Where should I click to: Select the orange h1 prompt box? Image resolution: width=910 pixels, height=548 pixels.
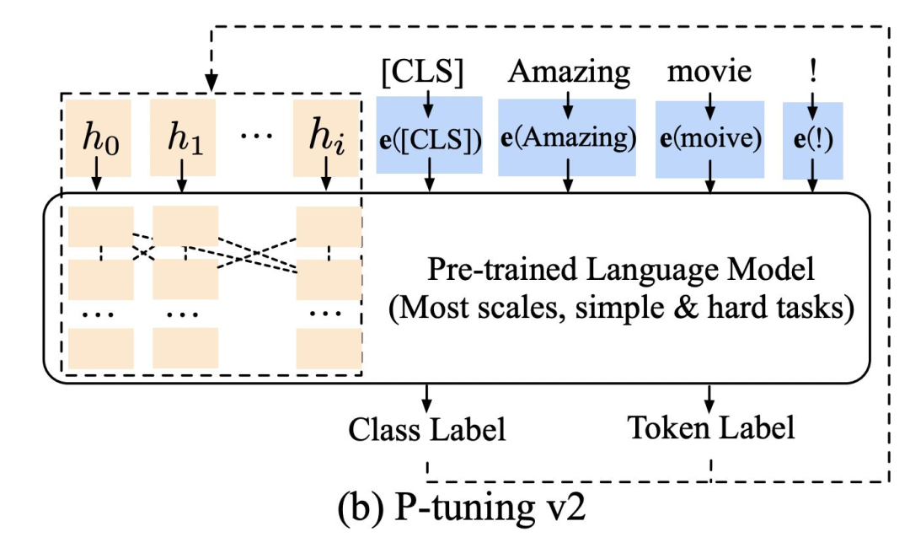tap(181, 137)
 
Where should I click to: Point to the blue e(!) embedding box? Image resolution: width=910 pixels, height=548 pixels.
tap(812, 141)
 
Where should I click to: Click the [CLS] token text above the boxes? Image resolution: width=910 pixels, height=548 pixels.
tap(422, 73)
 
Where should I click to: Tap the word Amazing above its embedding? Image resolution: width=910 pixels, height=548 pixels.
tap(569, 73)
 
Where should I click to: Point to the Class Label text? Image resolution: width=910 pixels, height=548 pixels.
tap(427, 430)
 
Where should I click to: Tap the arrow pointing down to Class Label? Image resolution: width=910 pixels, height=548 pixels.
tap(427, 397)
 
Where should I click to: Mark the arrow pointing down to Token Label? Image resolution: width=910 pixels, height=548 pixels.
tap(709, 397)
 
